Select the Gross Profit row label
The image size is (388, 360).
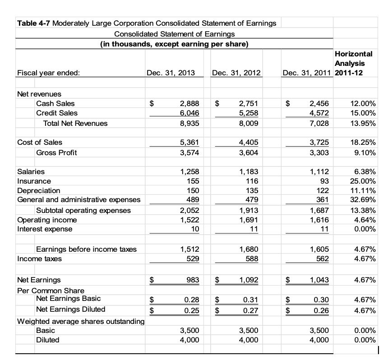[x=56, y=152]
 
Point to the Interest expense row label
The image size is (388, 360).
[x=44, y=229]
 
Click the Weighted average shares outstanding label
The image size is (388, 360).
[x=80, y=321]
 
